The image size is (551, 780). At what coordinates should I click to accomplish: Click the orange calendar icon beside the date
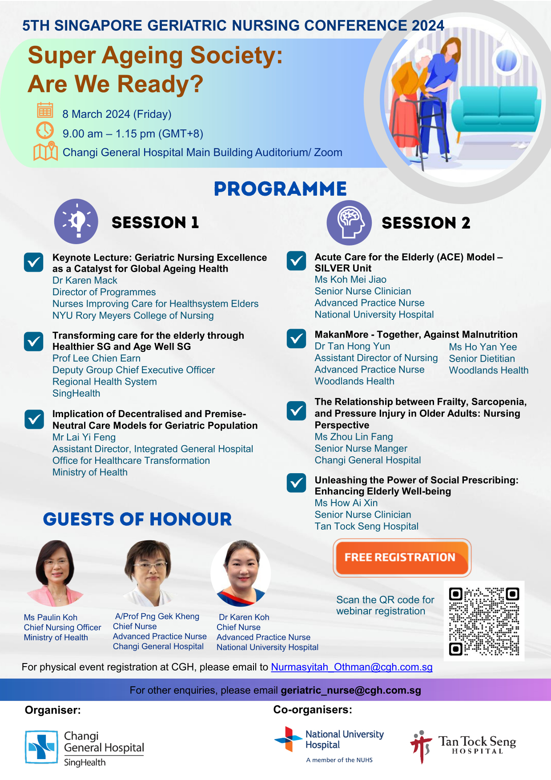point(45,110)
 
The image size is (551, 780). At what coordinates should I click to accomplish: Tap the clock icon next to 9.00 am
point(45,130)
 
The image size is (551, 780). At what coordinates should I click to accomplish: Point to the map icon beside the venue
point(46,151)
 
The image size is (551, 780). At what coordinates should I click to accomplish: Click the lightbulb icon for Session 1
point(76,221)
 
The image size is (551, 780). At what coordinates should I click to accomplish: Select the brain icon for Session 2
point(349,222)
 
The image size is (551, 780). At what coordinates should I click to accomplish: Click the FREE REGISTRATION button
point(402,558)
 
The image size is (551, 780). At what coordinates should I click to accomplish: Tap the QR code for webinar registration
point(484,621)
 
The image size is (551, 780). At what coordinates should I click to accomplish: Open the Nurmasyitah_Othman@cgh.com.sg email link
point(352,667)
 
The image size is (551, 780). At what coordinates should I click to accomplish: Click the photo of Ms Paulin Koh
point(56,573)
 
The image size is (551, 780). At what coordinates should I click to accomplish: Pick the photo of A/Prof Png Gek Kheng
point(149,573)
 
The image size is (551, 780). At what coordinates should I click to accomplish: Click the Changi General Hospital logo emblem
point(41,747)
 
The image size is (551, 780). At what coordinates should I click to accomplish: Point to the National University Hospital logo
point(329,744)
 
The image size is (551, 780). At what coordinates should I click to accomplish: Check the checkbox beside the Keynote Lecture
point(34,262)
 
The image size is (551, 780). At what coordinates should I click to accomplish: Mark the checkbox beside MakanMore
point(297,339)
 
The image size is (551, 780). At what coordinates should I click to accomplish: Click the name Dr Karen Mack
point(85,281)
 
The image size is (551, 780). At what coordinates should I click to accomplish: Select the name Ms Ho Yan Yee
point(483,347)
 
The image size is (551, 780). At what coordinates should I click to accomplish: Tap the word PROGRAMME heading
point(280,189)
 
